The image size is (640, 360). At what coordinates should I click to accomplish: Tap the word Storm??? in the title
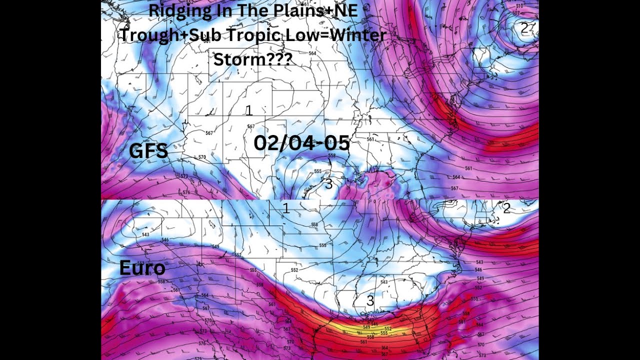click(x=252, y=59)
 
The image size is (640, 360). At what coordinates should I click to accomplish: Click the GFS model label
click(x=148, y=151)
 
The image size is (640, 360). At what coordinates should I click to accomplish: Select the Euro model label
click(x=142, y=268)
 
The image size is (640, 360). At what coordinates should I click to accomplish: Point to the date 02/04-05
click(x=301, y=143)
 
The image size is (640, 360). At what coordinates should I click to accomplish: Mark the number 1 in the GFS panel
click(x=248, y=111)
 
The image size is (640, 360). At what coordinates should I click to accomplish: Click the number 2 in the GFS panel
click(x=523, y=29)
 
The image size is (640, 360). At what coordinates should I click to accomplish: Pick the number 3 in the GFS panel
click(x=328, y=184)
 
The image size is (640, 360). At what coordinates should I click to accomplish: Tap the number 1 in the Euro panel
click(x=286, y=209)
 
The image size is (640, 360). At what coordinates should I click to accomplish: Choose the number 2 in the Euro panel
click(x=506, y=209)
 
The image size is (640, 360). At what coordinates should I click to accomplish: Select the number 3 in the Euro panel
click(x=370, y=301)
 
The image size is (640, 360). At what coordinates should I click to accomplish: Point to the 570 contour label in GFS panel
click(x=202, y=157)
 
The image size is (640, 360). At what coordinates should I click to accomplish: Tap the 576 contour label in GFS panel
click(x=186, y=192)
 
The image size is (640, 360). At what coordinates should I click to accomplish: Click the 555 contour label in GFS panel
click(x=317, y=171)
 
